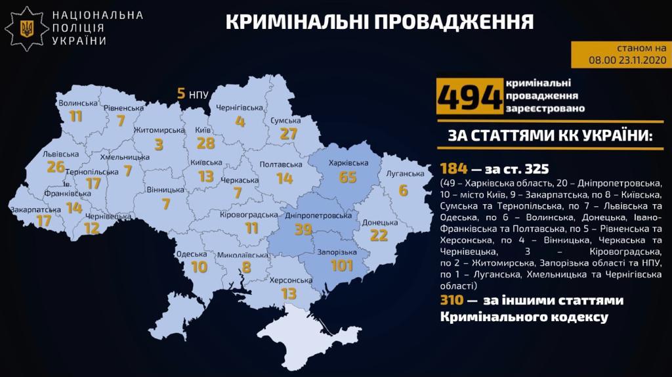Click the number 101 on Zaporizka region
pos(343,266)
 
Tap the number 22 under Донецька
pos(379,235)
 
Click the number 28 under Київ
pos(206,143)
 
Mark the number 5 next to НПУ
pos(180,94)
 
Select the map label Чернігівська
pos(240,106)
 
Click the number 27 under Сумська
pos(289,134)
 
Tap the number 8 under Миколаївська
pos(247,267)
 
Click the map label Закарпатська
pos(35,210)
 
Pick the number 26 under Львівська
pos(56,167)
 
